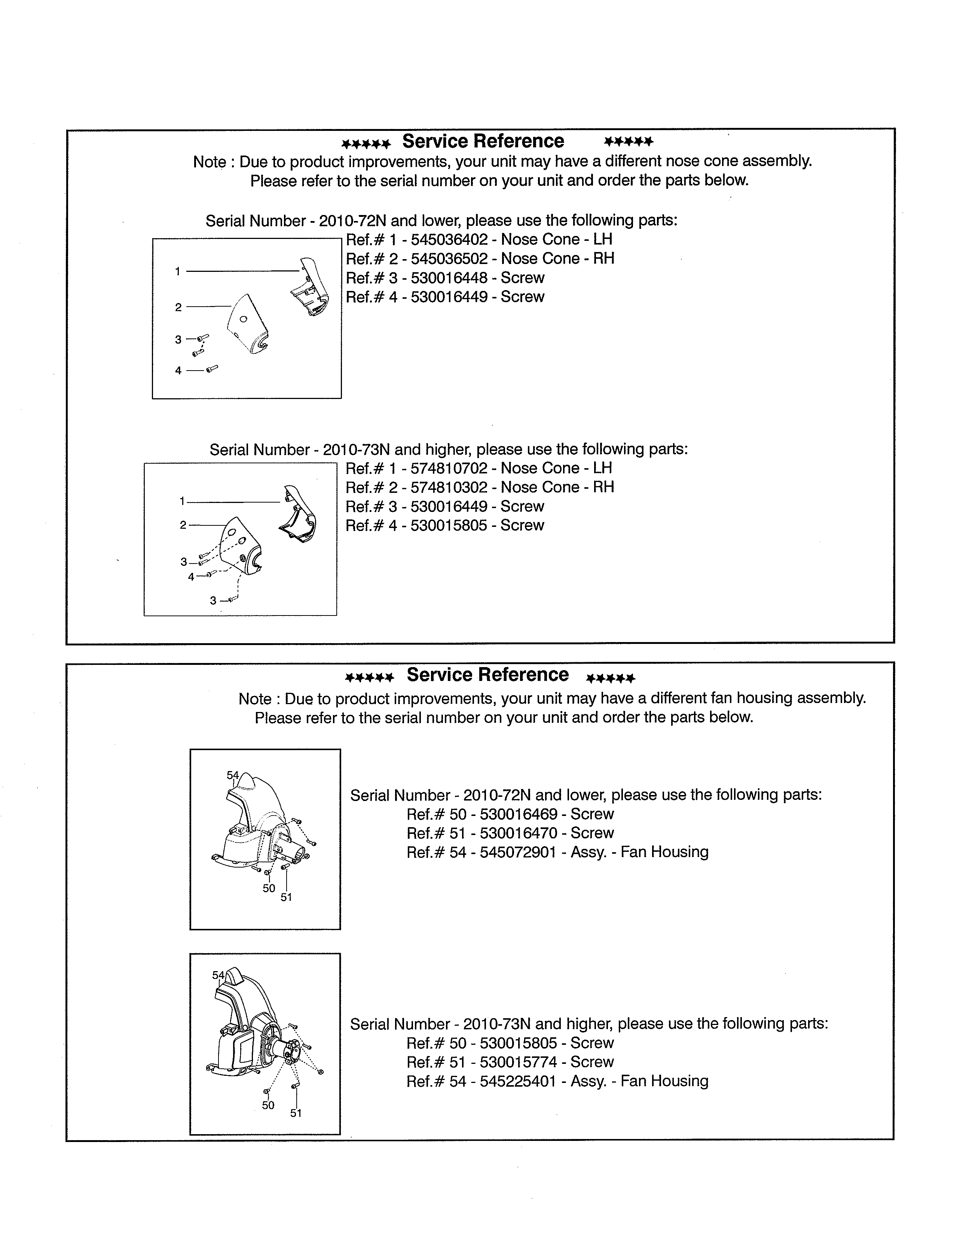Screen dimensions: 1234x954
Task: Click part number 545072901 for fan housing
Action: (x=518, y=852)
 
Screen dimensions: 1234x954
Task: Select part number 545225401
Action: (x=518, y=1081)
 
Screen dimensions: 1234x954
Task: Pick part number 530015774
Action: (x=518, y=1062)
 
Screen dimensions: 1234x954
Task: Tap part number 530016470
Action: (x=518, y=834)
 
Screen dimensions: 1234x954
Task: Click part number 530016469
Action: (x=518, y=814)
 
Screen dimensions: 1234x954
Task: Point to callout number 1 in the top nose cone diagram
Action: (x=177, y=272)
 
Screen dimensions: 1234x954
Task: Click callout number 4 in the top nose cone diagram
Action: (x=178, y=371)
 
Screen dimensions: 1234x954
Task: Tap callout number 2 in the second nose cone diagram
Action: (x=183, y=525)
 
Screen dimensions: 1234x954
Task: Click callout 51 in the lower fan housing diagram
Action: (x=296, y=1113)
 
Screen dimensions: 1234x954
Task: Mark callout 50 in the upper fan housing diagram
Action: (x=269, y=888)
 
